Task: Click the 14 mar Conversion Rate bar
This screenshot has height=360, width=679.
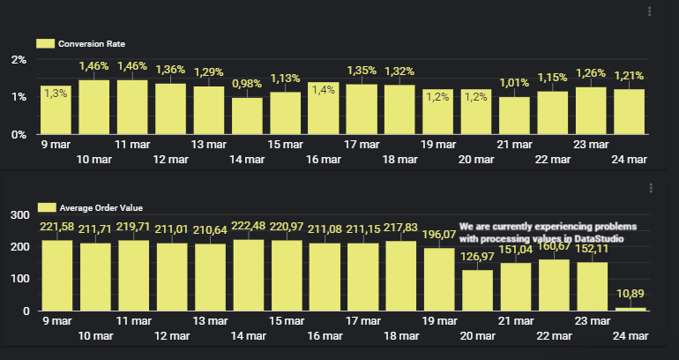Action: [247, 116]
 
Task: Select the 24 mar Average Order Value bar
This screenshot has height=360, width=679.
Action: [630, 308]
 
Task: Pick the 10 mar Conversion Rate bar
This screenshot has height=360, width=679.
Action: [93, 107]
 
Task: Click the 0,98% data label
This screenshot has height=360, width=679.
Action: [247, 84]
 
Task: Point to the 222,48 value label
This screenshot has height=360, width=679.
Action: [247, 227]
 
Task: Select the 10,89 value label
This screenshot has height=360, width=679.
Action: [630, 294]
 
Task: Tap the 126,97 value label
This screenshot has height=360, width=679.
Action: [477, 257]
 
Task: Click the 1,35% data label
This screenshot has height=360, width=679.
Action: [362, 71]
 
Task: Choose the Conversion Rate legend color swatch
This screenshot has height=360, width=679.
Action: [45, 43]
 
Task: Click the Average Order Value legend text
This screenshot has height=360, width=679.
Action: [101, 208]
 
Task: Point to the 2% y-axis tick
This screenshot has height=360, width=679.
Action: [19, 60]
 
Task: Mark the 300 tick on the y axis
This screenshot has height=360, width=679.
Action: [19, 214]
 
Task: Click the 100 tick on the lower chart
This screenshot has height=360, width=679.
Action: [19, 279]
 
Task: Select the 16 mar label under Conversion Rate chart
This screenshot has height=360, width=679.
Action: [324, 159]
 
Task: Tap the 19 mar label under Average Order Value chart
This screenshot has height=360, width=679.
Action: [438, 320]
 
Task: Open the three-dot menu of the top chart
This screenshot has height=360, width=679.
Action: [650, 11]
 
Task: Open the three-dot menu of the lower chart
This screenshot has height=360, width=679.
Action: [650, 188]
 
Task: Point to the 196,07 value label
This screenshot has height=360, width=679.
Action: [439, 235]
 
